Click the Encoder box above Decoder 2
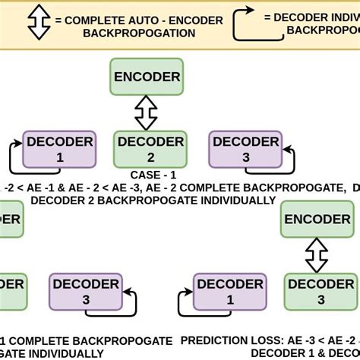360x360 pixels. pyautogui.click(x=147, y=77)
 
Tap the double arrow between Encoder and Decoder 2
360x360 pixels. pyautogui.click(x=146, y=112)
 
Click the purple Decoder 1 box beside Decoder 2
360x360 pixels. pyautogui.click(x=60, y=149)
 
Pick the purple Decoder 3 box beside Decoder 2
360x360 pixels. pyautogui.click(x=245, y=149)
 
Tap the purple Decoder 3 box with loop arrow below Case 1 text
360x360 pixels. pyautogui.click(x=84, y=292)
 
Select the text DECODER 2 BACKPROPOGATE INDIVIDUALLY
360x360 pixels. pyautogui.click(x=152, y=201)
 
